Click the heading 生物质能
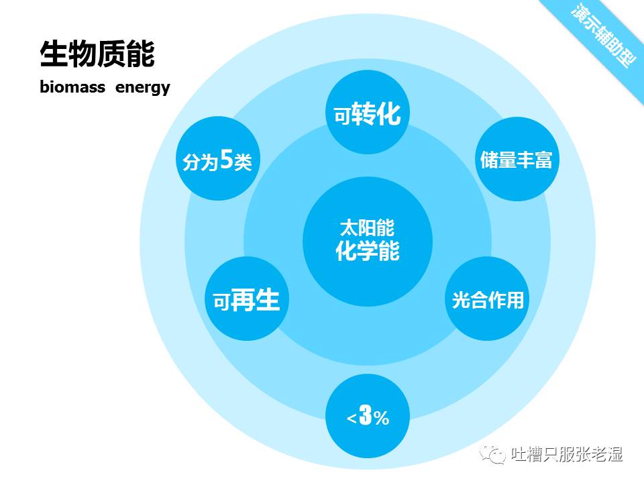[97, 54]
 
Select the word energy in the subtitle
[142, 88]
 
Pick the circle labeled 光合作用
[487, 299]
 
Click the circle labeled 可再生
[246, 299]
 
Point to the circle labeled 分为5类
[217, 160]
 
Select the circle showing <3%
[367, 417]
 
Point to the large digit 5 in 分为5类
[226, 160]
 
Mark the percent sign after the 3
[381, 419]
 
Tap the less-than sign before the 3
[352, 419]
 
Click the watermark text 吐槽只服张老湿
[567, 455]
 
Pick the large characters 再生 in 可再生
[255, 299]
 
